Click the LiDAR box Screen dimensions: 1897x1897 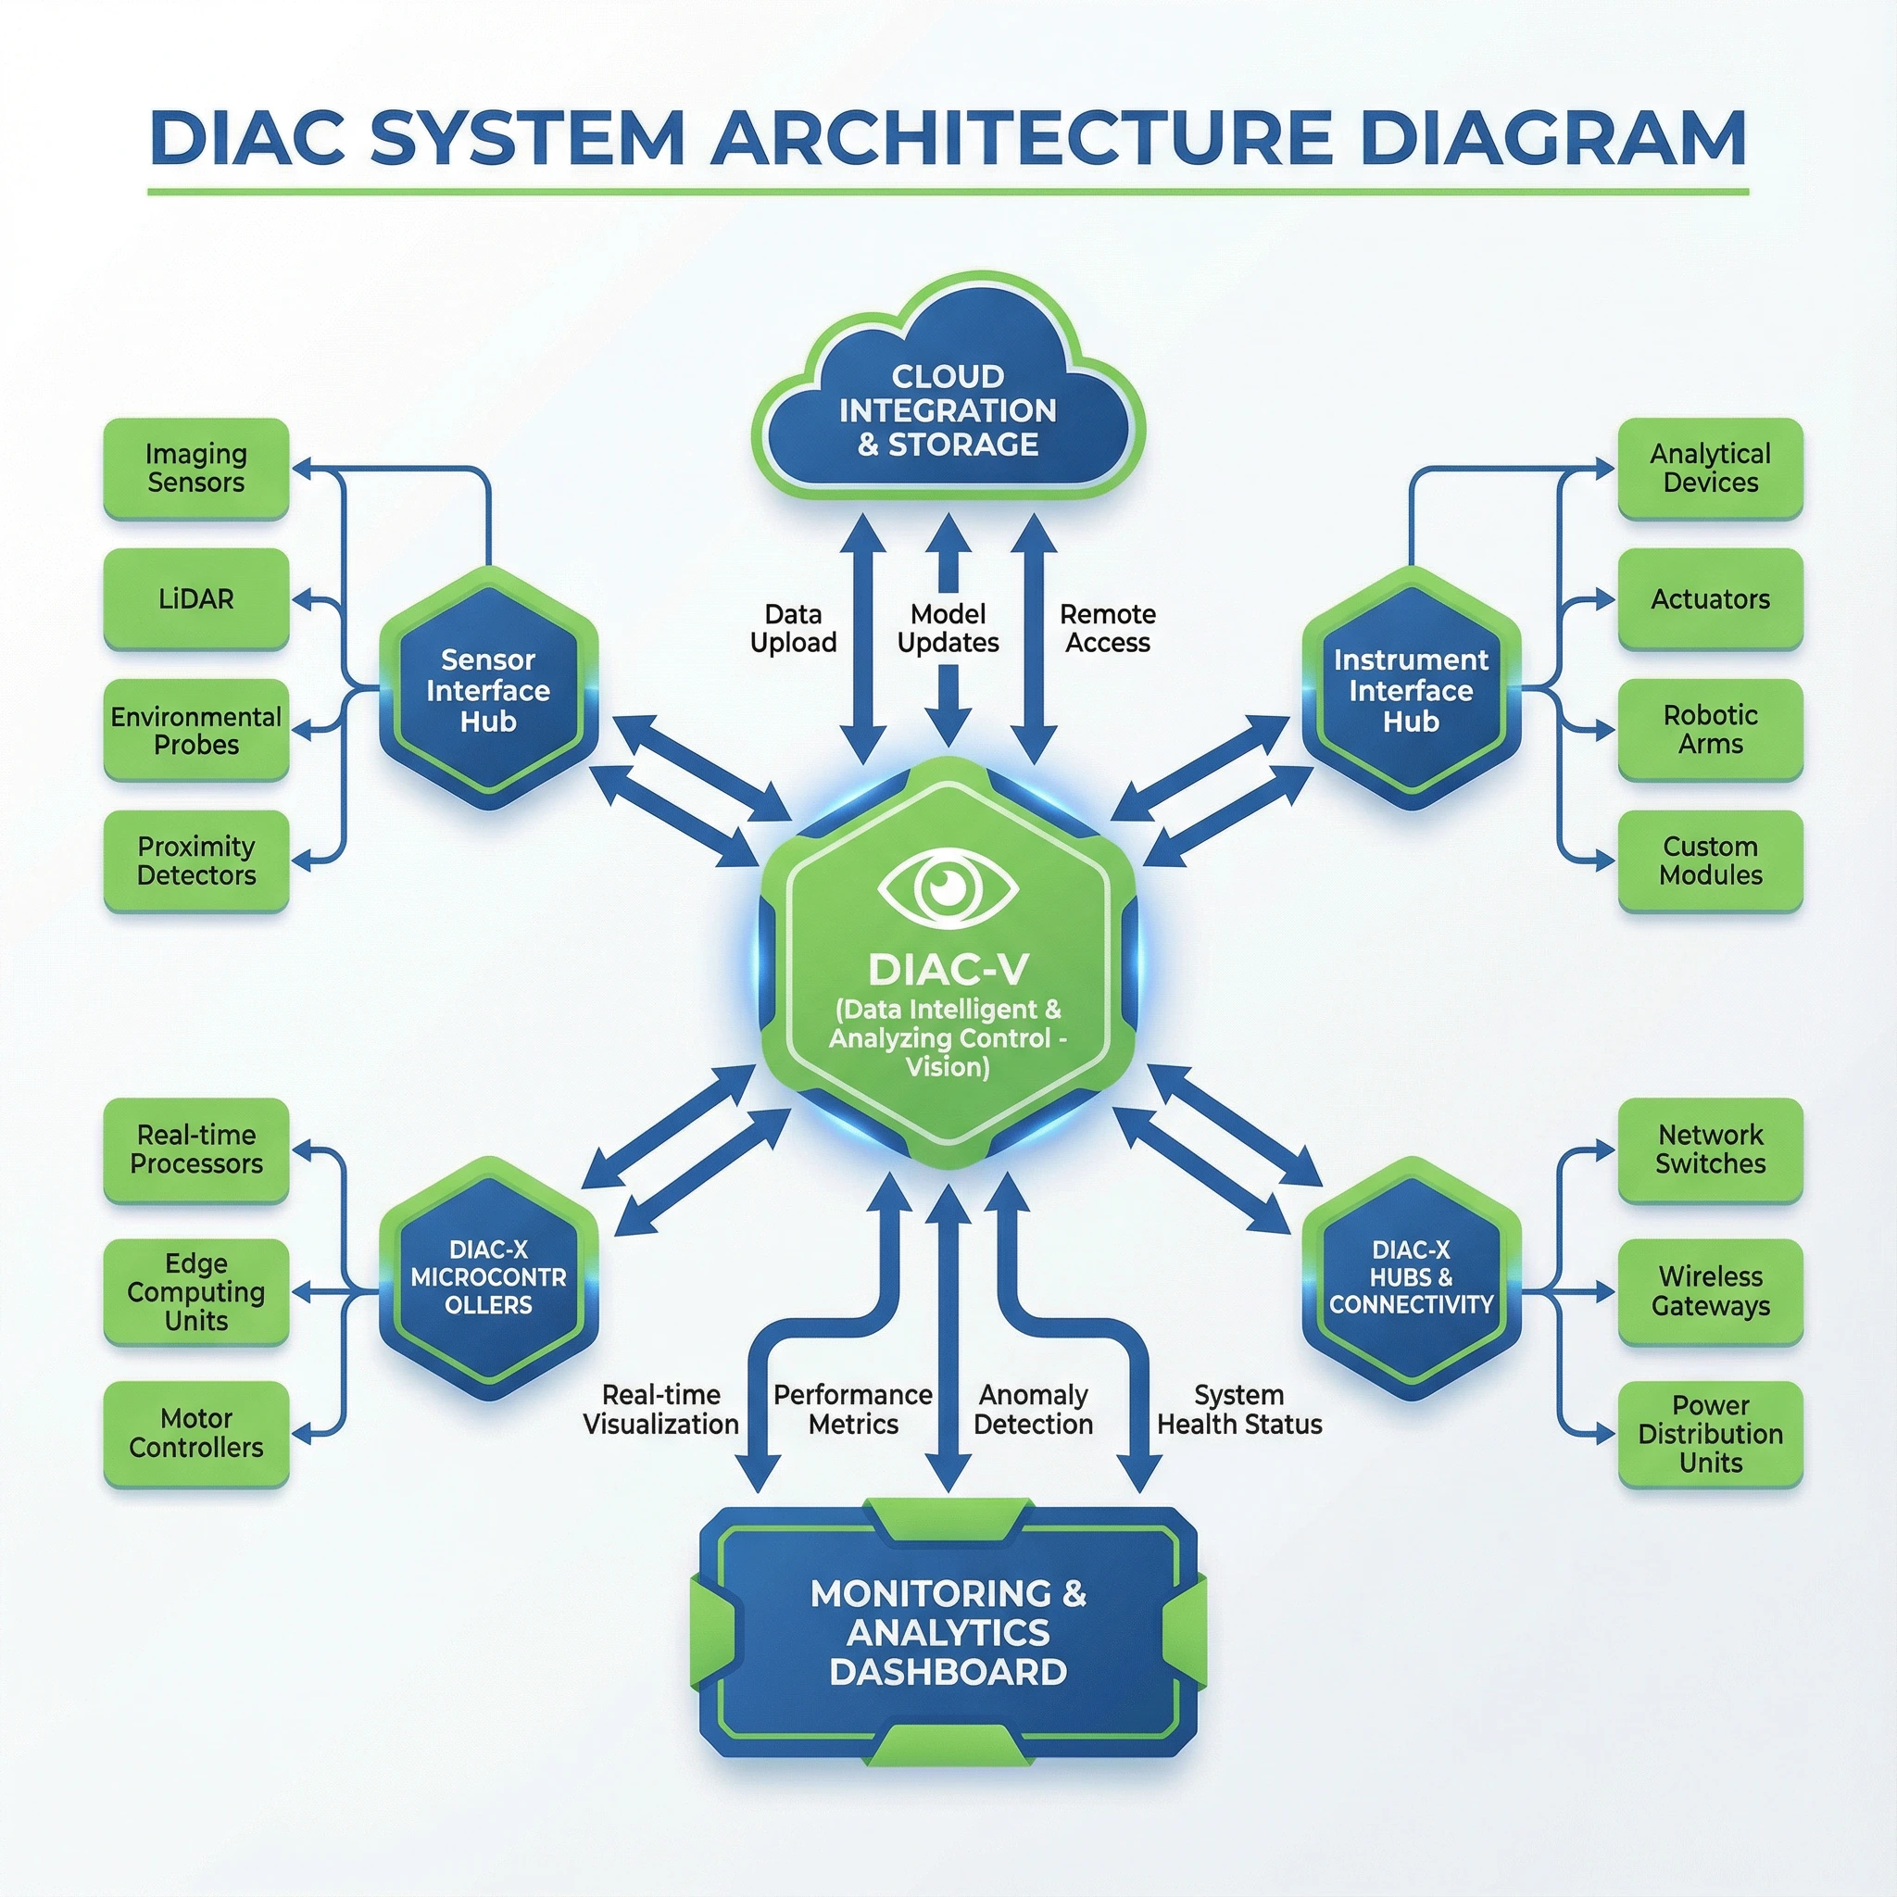point(196,599)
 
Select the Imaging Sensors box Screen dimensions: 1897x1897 point(196,469)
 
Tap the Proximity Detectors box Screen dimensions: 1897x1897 point(196,861)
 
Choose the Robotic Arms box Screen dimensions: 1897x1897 point(1710,730)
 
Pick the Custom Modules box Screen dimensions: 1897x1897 point(1710,861)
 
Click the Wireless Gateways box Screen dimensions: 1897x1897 point(1710,1291)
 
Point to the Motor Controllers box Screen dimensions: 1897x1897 point(196,1433)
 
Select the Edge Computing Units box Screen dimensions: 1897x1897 point(196,1291)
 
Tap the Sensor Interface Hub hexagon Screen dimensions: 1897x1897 point(488,689)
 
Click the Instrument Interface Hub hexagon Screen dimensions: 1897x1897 point(1410,689)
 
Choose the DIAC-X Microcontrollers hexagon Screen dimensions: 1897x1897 point(488,1277)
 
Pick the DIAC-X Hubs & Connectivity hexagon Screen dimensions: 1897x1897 point(1410,1277)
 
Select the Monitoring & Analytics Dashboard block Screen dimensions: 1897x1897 point(948,1631)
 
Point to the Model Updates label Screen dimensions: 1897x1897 point(948,628)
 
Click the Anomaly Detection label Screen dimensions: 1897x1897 point(1033,1409)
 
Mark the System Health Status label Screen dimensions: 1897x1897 point(1239,1409)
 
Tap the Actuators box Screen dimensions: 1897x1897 point(1710,599)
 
